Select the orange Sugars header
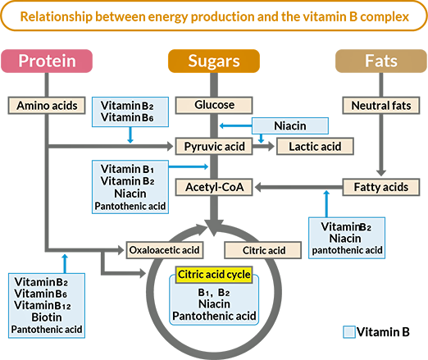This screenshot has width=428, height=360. [x=214, y=62]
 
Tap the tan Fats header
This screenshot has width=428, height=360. [x=380, y=62]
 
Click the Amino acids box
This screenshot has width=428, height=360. [x=47, y=106]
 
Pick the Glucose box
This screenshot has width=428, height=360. [x=215, y=105]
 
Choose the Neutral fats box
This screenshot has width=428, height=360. [x=380, y=106]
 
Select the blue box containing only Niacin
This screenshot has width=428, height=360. [x=289, y=125]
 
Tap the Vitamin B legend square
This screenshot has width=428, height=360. [x=350, y=332]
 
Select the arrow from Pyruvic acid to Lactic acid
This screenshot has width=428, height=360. [x=264, y=147]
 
